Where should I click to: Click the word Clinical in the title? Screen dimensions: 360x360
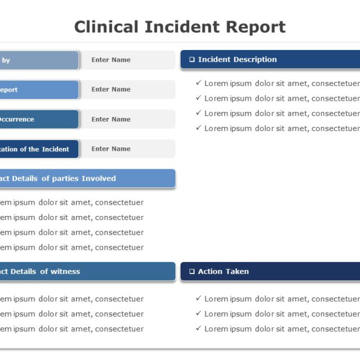106,26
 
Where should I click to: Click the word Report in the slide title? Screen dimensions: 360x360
256,26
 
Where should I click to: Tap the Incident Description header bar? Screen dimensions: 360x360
270,60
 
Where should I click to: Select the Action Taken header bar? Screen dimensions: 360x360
270,272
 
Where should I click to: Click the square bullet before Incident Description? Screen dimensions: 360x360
192,60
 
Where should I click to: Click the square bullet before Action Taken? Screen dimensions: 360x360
192,272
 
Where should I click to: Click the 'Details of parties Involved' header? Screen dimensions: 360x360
84,178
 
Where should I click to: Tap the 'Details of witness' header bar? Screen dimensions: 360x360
84,272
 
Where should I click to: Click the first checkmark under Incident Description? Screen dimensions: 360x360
199,83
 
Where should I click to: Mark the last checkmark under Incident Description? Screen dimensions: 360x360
199,128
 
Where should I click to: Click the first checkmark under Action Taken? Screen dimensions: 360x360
199,299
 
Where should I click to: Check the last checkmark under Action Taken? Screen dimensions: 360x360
199,328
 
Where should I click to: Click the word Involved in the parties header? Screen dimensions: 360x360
98,178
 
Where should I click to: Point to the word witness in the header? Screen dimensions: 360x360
65,272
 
